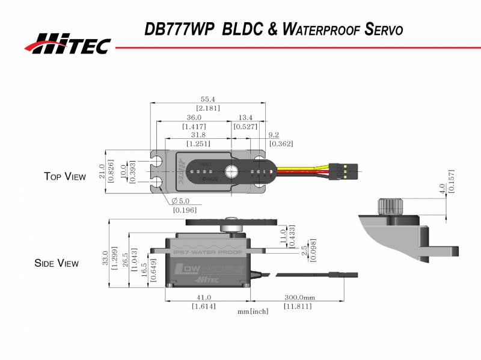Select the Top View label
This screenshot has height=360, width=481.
pyautogui.click(x=65, y=176)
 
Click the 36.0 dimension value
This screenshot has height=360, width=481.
pyautogui.click(x=194, y=117)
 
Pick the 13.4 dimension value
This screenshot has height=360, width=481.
pyautogui.click(x=245, y=117)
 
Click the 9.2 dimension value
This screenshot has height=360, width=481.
pyautogui.click(x=273, y=135)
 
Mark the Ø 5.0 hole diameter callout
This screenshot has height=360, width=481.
pyautogui.click(x=181, y=201)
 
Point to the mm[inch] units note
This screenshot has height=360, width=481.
pyautogui.click(x=253, y=311)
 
